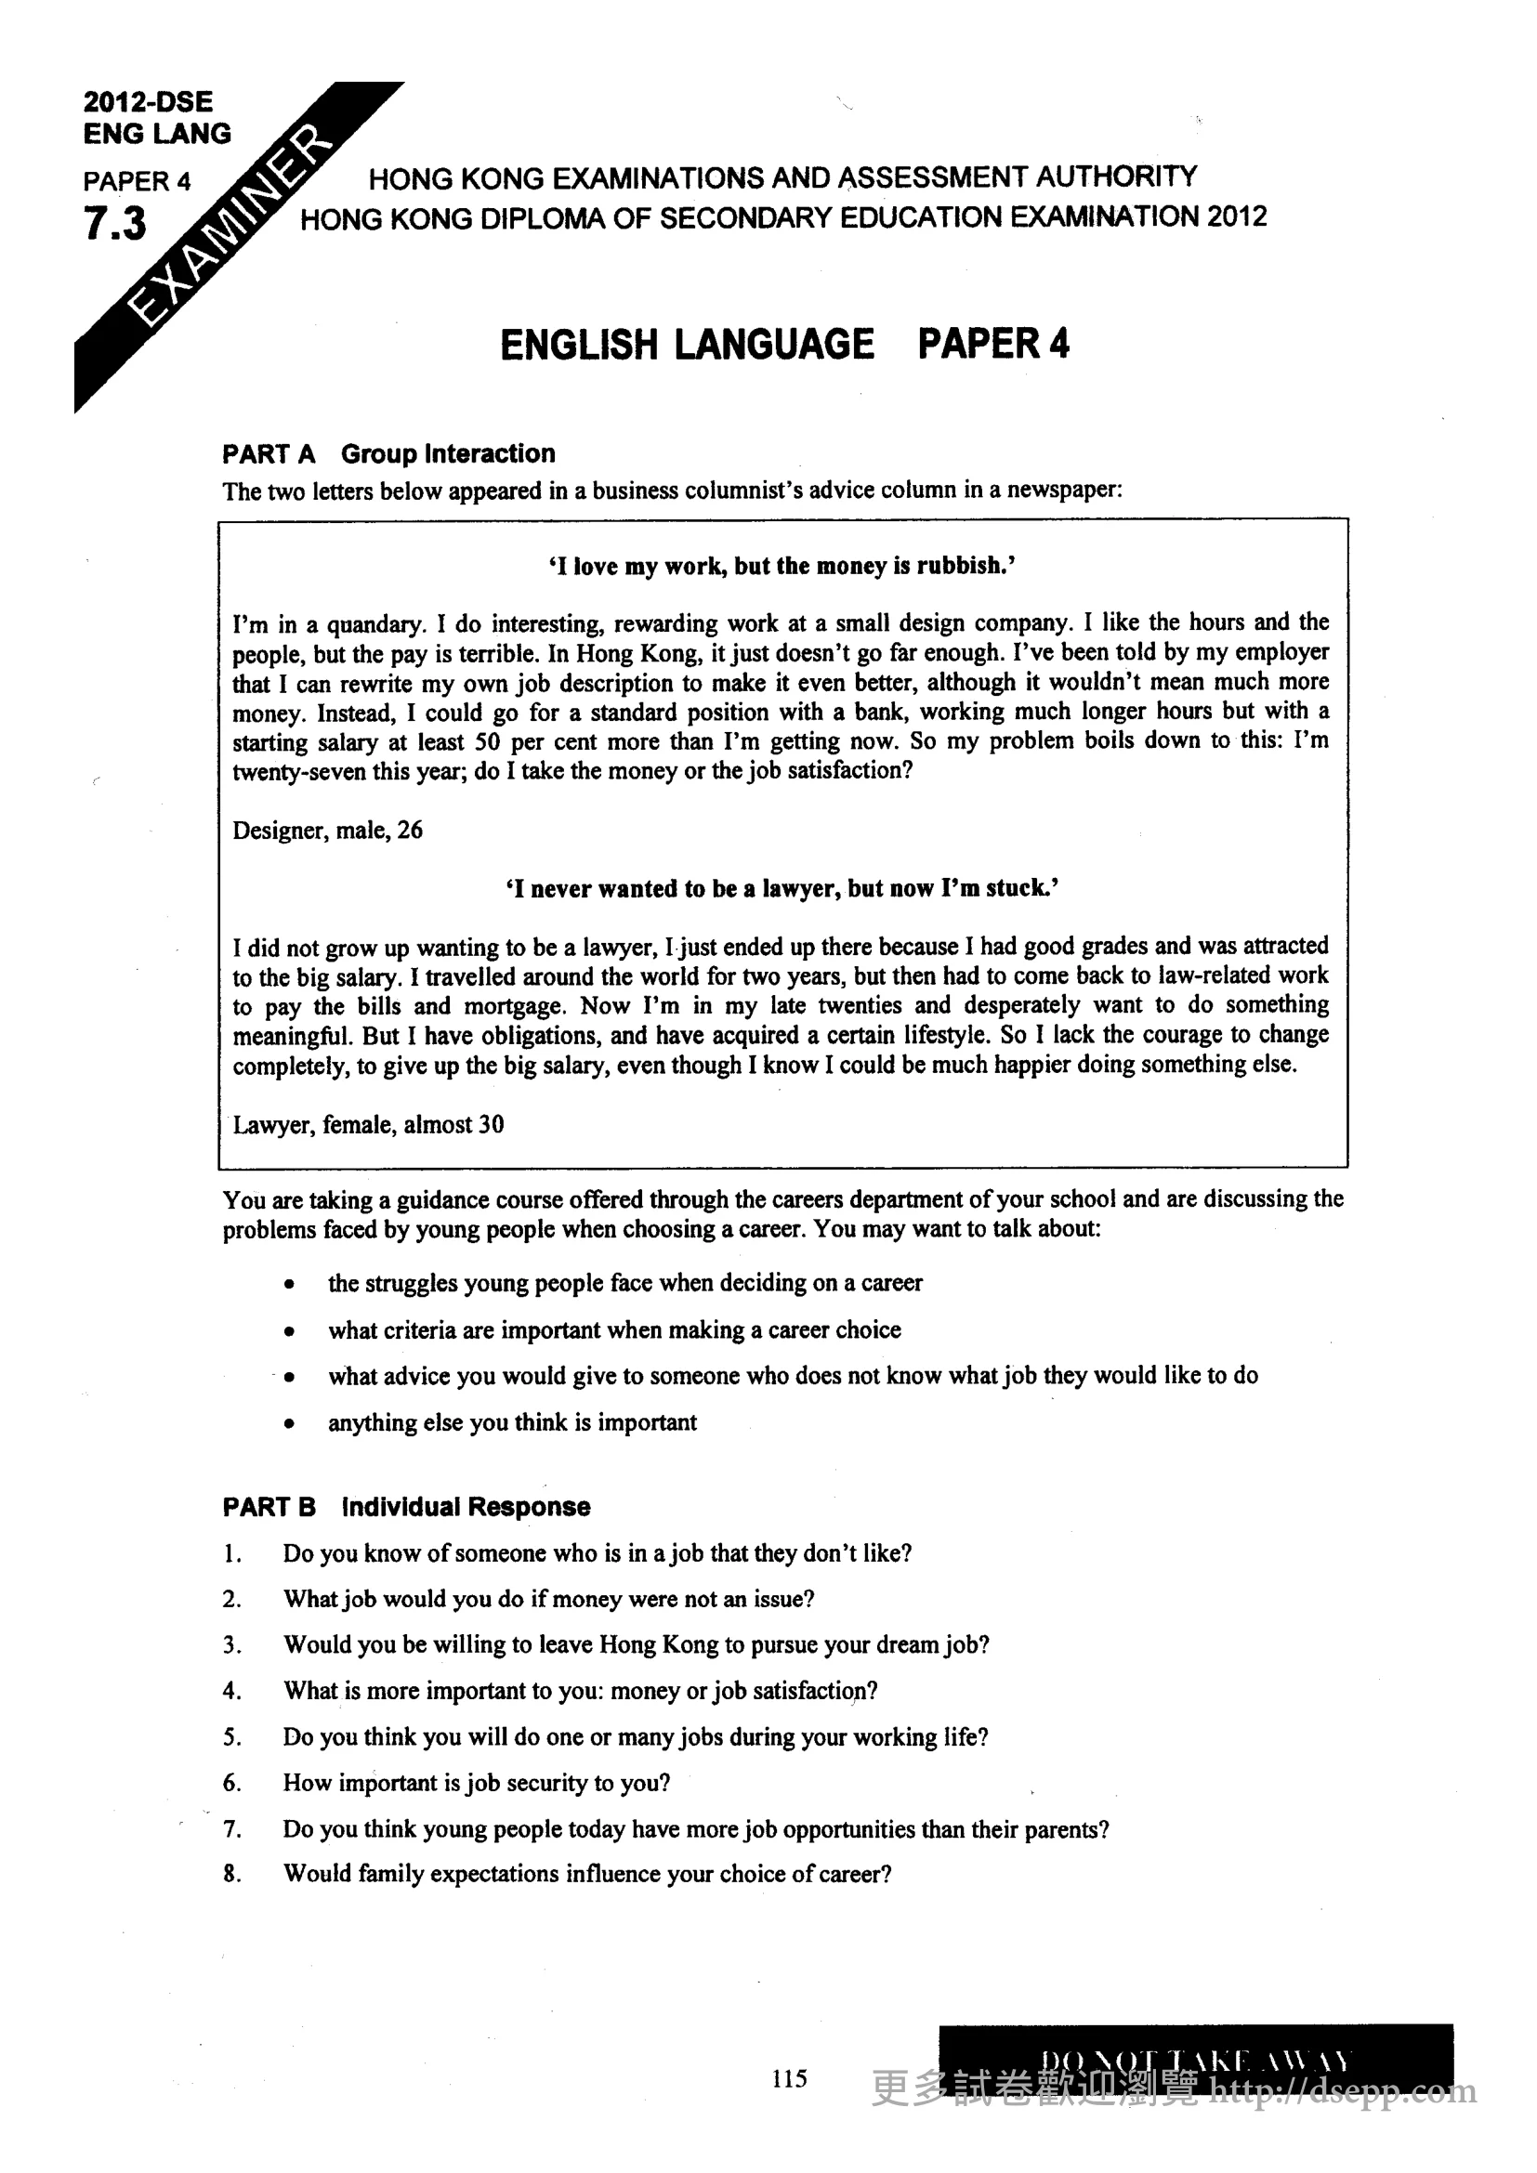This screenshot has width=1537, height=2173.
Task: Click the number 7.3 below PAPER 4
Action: (115, 224)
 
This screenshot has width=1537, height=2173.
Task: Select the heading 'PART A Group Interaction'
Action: (388, 454)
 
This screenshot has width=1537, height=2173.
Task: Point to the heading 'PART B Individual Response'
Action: (406, 1507)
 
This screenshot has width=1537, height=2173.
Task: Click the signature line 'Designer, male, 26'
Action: (327, 830)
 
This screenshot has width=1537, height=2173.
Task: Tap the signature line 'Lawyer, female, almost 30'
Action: (368, 1124)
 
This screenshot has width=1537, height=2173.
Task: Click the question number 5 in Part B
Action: (231, 1737)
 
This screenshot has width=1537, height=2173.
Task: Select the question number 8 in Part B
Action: (231, 1874)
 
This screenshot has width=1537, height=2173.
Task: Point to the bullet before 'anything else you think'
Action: (289, 1423)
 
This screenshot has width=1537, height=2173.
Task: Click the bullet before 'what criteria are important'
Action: (289, 1331)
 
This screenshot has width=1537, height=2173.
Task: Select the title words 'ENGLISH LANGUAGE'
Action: (687, 345)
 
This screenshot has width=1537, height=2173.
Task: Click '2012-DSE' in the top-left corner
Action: (148, 101)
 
